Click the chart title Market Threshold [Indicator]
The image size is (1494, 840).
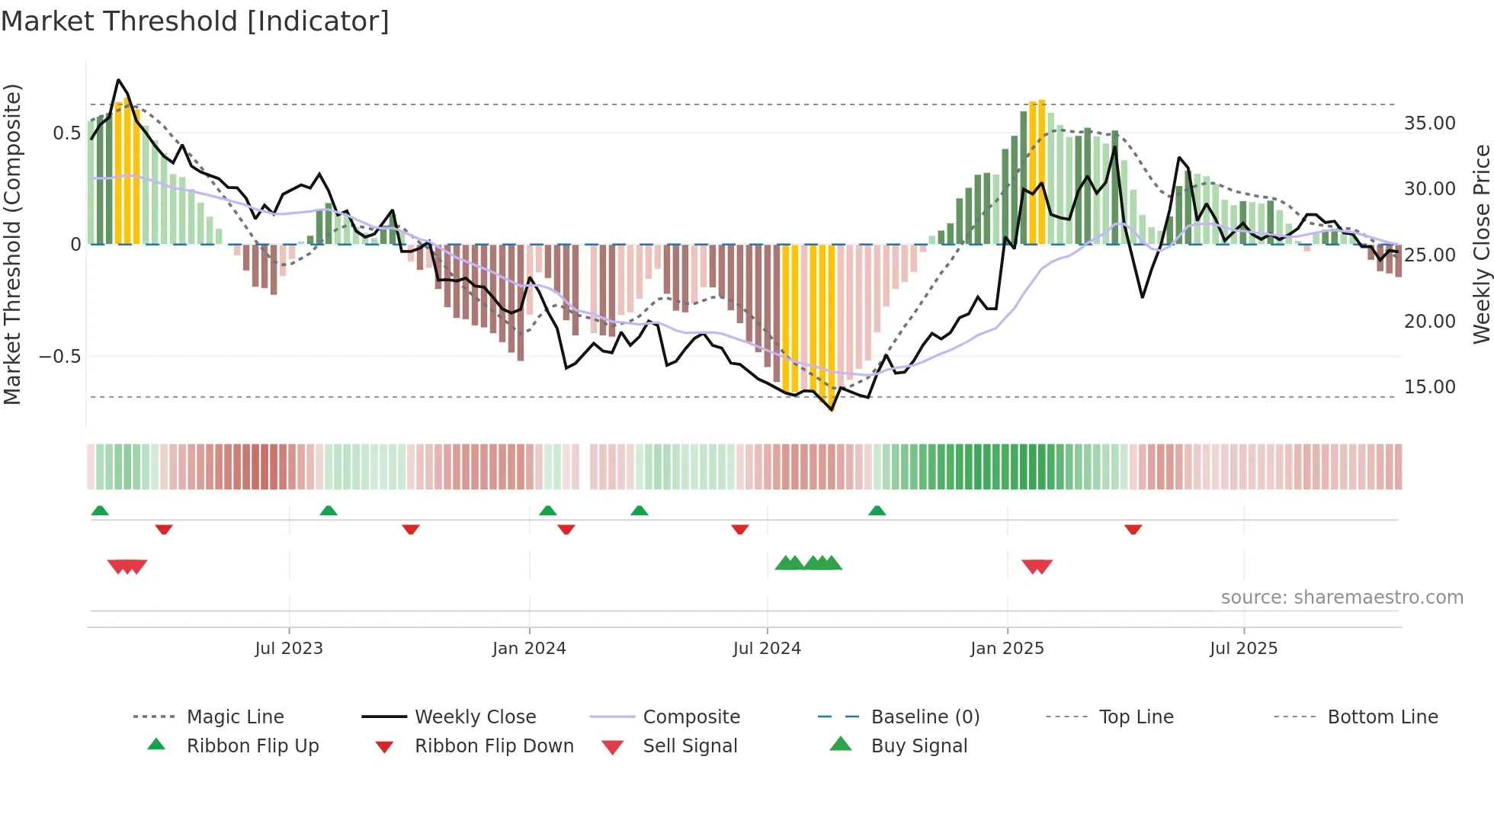(195, 21)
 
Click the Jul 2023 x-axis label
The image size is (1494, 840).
(289, 649)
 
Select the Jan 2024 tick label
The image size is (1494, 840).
(529, 649)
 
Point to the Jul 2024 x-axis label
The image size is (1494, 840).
(767, 649)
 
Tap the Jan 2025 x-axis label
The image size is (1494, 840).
(1007, 649)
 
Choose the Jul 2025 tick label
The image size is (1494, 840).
(1243, 649)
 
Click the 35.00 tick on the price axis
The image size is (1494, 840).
(1429, 123)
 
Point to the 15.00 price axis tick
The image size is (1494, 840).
(1429, 387)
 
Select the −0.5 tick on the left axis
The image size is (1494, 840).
(59, 357)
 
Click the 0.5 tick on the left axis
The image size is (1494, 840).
(66, 133)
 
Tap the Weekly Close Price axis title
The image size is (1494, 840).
(1481, 244)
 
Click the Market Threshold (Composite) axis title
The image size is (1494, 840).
(12, 244)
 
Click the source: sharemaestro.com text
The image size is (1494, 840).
(1342, 598)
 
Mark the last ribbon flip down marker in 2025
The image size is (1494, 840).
(1133, 529)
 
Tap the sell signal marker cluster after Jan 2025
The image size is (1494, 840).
(1037, 566)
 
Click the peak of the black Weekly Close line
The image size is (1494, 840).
(118, 80)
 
